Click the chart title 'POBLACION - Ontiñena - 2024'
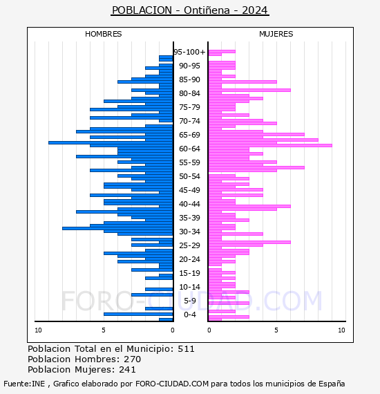pos(190,10)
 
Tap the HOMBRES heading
pos(103,34)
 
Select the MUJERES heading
pos(276,34)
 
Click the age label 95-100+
pos(189,52)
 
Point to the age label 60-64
pos(189,149)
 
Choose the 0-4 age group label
pos(189,315)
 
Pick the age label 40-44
pos(189,204)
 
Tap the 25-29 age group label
pos(189,245)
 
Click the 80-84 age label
pos(189,93)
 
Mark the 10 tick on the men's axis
pos(38,330)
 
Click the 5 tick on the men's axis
pos(104,330)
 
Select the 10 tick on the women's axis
pos(341,330)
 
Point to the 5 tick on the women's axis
pos(276,330)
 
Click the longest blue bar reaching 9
pos(111,142)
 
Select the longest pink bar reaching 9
pos(270,145)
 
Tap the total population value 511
pos(186,349)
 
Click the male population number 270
pos(133,359)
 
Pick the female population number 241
pos(127,369)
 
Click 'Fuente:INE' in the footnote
pos(24,384)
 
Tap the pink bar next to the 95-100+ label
pos(222,52)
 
